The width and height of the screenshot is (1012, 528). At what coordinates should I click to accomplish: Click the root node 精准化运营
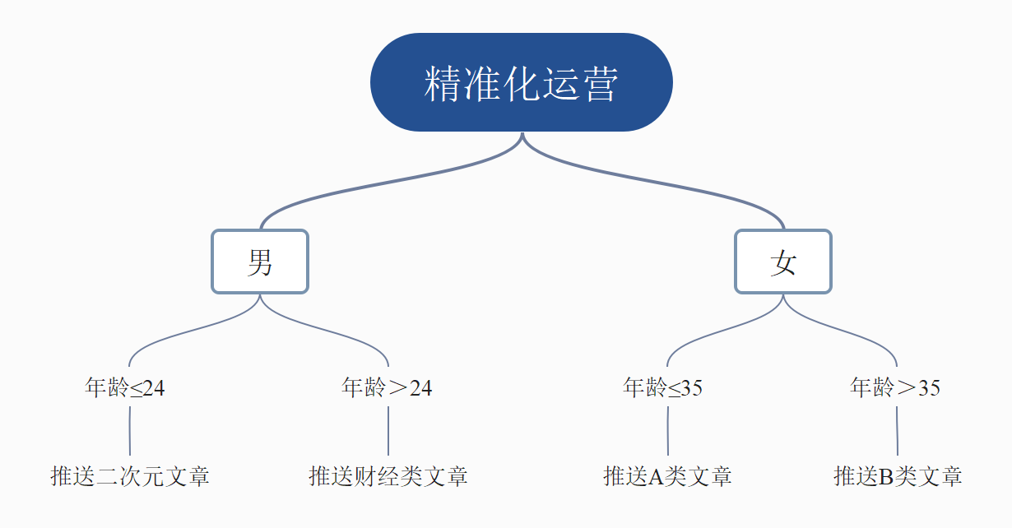522,82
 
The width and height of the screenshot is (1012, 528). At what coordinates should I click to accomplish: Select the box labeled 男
260,262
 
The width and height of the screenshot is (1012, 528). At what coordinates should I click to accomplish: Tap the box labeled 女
783,262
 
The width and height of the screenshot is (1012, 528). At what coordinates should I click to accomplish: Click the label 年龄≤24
125,387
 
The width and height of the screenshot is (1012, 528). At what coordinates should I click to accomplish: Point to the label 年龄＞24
387,387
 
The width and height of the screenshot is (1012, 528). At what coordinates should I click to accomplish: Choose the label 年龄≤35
663,387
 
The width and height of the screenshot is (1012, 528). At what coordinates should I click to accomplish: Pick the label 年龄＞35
895,387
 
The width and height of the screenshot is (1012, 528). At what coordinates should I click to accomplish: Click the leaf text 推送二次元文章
130,476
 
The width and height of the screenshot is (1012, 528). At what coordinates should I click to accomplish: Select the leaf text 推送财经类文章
388,476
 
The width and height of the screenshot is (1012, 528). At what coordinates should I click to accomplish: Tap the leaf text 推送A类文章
667,476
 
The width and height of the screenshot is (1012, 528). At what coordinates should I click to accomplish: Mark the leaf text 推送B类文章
898,476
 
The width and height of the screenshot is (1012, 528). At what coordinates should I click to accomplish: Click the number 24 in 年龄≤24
154,388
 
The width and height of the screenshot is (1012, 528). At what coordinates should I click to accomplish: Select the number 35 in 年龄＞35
929,388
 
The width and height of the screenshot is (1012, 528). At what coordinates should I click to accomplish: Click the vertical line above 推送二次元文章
130,430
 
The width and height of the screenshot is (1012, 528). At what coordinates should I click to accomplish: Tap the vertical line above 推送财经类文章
388,430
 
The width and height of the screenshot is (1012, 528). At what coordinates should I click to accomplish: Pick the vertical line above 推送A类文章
667,430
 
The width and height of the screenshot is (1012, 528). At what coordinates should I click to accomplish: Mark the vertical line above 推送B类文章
897,430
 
